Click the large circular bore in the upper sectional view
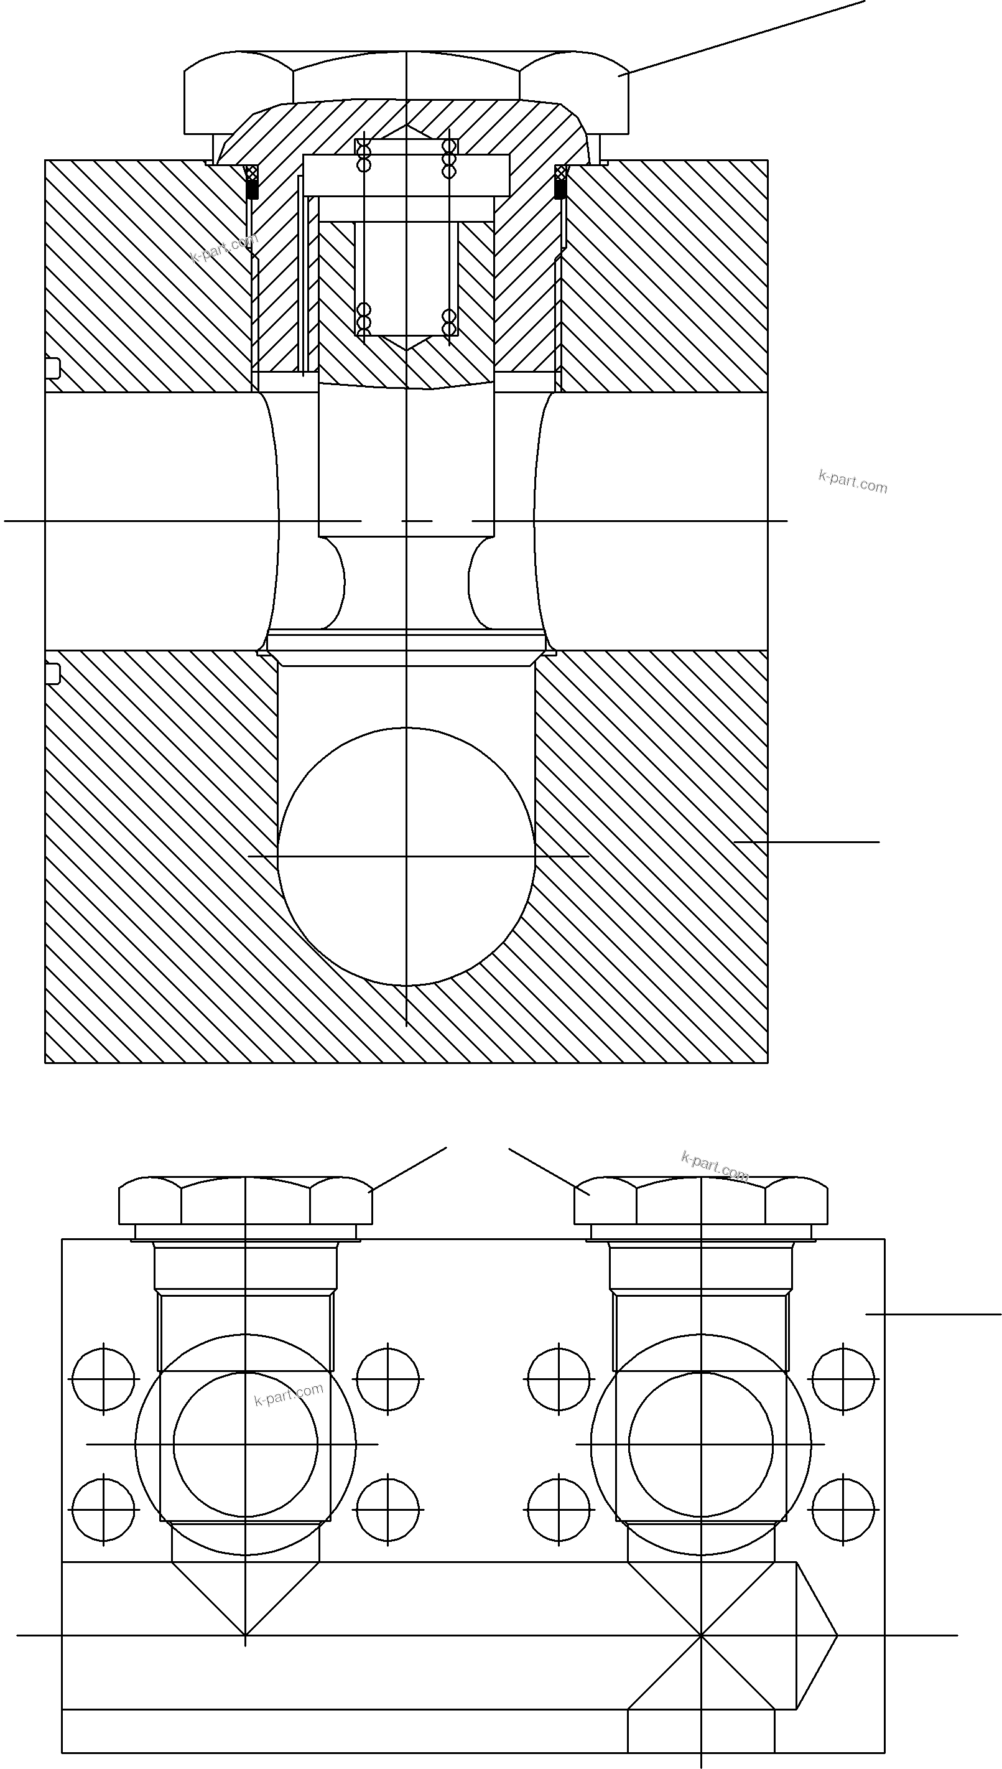406,856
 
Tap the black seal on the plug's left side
252,182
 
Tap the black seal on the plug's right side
561,182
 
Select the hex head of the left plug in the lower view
246,1200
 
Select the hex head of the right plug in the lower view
700,1200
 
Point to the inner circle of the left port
246,1444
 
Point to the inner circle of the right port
700,1444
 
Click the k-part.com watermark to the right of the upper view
853,481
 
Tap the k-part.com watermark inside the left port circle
289,1394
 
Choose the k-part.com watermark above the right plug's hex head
715,1165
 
